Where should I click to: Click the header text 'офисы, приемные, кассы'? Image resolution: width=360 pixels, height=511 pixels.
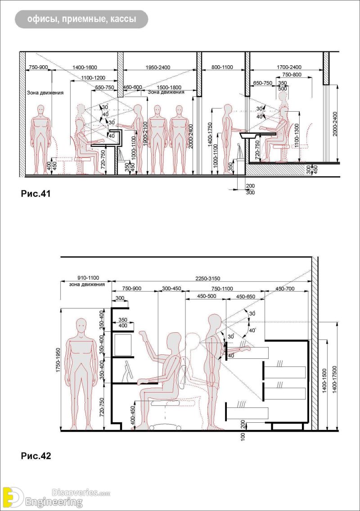point(81,19)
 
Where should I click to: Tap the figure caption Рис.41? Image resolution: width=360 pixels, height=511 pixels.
point(36,194)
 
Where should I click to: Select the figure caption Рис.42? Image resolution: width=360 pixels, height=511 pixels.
point(36,456)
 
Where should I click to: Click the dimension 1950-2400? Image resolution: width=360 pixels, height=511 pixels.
point(158,67)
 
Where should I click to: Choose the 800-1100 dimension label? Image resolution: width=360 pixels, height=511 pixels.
point(222,67)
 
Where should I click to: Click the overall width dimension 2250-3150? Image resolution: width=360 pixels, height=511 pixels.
point(208,278)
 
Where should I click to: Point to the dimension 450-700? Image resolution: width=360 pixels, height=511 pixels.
point(284,288)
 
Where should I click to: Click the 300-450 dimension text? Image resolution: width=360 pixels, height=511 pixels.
point(171,288)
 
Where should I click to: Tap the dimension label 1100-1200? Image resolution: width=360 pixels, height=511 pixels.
point(93,77)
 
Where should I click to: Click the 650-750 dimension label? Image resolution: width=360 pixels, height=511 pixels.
point(262,83)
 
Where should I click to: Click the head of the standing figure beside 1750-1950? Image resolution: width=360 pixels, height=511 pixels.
point(81,325)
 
